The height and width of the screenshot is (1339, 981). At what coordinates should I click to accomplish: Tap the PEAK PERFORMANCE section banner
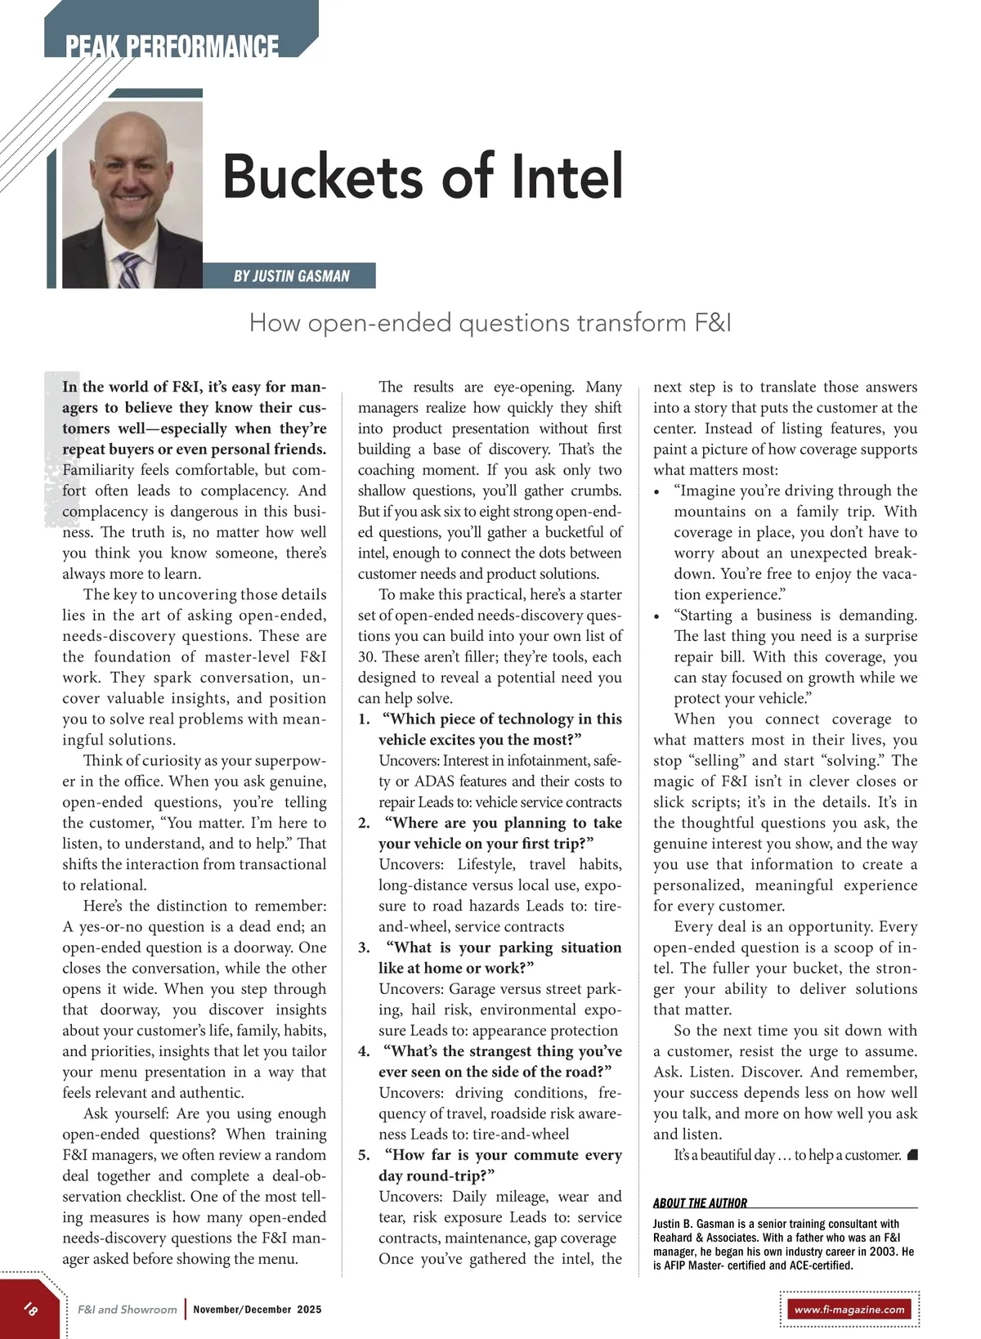(x=172, y=45)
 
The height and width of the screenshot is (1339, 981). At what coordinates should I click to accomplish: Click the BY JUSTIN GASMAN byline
(x=291, y=276)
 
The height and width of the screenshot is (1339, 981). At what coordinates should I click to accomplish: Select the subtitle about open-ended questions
(x=490, y=323)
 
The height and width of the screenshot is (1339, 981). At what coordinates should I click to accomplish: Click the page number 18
(x=30, y=1309)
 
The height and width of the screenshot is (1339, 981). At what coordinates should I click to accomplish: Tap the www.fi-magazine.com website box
(x=849, y=1309)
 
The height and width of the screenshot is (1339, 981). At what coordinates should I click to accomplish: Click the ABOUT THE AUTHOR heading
(x=700, y=1202)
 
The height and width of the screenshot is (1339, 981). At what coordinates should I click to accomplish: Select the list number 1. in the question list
(x=364, y=719)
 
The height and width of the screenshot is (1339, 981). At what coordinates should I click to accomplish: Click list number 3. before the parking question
(x=364, y=947)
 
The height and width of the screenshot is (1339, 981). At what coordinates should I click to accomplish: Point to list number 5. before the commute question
(x=364, y=1155)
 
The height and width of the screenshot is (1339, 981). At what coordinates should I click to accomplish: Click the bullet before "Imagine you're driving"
(x=657, y=492)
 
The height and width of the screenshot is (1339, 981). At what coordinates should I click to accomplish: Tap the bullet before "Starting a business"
(x=657, y=616)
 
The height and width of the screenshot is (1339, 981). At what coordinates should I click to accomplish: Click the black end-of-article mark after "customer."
(x=912, y=1155)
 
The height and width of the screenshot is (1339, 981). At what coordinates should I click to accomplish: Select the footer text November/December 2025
(x=258, y=1310)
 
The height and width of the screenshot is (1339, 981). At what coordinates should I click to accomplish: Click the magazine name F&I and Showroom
(x=127, y=1310)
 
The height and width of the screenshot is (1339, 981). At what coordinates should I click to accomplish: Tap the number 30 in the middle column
(x=366, y=657)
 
